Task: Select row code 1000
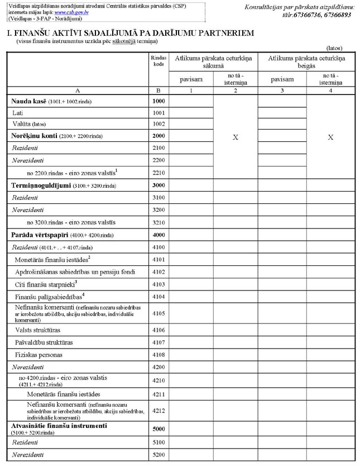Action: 158,101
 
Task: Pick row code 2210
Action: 158,173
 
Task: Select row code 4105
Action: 158,313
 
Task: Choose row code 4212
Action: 158,411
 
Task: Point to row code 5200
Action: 158,455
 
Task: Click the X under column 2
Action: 235,137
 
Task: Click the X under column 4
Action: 330,137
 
